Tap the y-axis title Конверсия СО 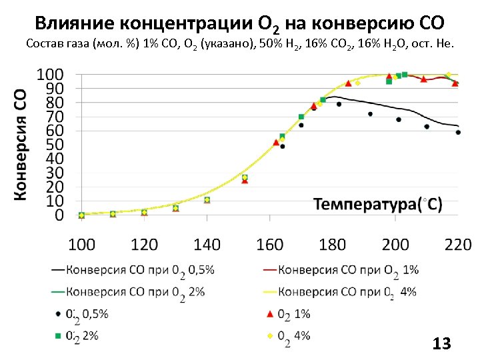coord(21,143)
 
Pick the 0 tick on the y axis coord(59,215)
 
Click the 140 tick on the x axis coord(207,244)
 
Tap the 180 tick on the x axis coord(333,244)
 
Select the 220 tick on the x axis coord(458,244)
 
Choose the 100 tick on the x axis coord(82,244)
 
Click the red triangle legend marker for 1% coord(270,313)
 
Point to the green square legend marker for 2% coord(59,335)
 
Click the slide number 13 coord(441,344)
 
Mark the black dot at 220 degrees coord(458,132)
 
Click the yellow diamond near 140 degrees coord(207,199)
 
